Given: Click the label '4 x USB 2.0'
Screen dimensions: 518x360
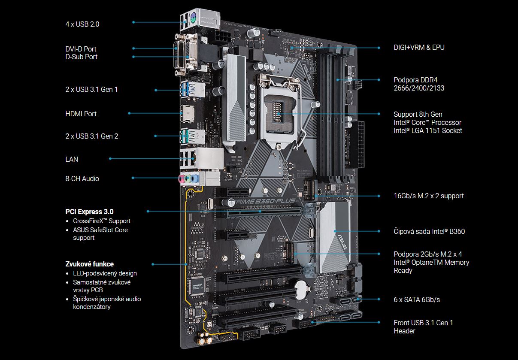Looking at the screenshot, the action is [82, 24].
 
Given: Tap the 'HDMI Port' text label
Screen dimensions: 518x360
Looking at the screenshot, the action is [81, 114].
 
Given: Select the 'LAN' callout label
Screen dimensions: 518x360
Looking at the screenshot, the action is [72, 159].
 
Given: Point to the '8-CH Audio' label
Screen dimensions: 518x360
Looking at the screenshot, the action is [82, 178].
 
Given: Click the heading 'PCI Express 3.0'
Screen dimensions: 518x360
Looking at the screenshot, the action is [89, 212].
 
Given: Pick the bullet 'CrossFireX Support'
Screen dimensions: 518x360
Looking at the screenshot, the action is [102, 221].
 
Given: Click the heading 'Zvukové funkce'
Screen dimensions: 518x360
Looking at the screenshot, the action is [90, 264].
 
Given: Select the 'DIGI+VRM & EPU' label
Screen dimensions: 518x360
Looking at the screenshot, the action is [419, 47].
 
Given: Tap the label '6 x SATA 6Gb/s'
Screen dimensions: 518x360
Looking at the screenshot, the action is [417, 299].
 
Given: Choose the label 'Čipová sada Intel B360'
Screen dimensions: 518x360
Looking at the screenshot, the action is [429, 231].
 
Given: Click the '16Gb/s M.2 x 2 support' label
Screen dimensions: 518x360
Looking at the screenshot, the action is [429, 196].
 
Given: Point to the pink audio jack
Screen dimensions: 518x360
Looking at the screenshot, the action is [182, 179].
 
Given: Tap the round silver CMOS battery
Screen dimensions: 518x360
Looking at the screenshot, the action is [302, 290].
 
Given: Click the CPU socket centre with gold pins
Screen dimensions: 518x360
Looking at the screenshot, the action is [278, 111].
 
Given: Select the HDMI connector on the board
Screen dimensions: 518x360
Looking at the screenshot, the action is [187, 114].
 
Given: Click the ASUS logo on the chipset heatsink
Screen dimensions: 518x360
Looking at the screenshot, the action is [342, 242].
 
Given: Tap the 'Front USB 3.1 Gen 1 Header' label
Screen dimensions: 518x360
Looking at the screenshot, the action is [423, 327].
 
